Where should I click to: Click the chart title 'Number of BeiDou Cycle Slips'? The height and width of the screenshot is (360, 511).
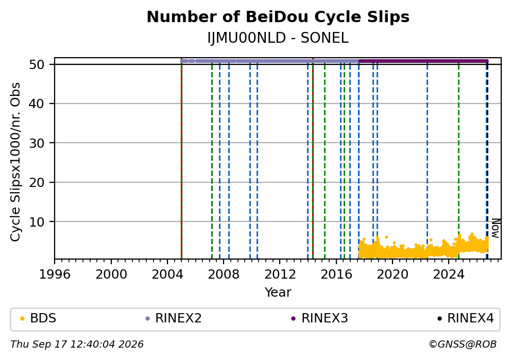pyautogui.click(x=278, y=17)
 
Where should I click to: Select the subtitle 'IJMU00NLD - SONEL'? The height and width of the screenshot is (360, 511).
pyautogui.click(x=278, y=38)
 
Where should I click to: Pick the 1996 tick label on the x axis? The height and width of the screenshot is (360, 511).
pyautogui.click(x=55, y=275)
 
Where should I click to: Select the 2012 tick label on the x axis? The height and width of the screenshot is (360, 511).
pyautogui.click(x=280, y=275)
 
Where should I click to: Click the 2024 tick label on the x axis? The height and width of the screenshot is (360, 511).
pyautogui.click(x=449, y=275)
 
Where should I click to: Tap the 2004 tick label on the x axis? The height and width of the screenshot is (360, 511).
pyautogui.click(x=167, y=275)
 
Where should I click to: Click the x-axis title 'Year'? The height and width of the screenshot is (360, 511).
pyautogui.click(x=278, y=292)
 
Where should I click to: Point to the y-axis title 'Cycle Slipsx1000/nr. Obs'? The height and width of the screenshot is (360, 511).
pyautogui.click(x=15, y=162)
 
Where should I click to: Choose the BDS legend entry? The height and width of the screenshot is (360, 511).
pyautogui.click(x=38, y=318)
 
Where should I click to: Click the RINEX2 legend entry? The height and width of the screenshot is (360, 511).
pyautogui.click(x=174, y=318)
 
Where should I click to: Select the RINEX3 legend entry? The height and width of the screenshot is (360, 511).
pyautogui.click(x=320, y=318)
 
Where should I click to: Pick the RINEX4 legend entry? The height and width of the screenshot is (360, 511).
pyautogui.click(x=465, y=318)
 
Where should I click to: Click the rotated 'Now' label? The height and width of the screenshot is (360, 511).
pyautogui.click(x=496, y=228)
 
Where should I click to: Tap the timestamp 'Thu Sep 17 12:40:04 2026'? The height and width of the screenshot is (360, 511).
pyautogui.click(x=77, y=345)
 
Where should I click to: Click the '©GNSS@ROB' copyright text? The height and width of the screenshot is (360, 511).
pyautogui.click(x=463, y=345)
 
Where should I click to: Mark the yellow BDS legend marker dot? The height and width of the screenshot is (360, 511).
pyautogui.click(x=23, y=319)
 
